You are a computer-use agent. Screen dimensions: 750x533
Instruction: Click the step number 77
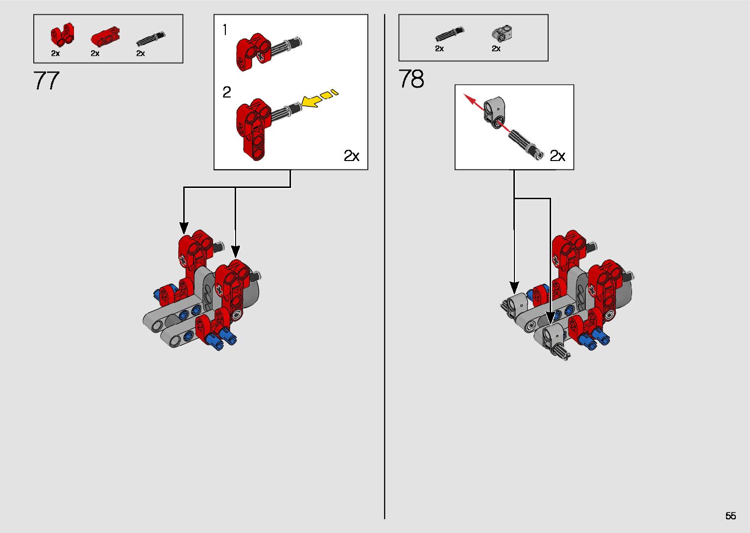47,81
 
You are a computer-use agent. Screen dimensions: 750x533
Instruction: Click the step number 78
411,79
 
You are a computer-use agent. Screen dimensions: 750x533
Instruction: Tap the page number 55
730,516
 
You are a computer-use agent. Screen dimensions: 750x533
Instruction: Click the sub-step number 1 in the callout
225,30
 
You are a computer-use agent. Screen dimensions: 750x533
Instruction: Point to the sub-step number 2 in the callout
226,92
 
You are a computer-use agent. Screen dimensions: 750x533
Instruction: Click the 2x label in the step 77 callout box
351,156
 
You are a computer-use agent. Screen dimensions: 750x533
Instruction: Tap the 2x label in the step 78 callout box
557,156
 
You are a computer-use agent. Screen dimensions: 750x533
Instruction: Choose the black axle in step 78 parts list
449,34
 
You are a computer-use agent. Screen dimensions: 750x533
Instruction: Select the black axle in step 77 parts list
150,38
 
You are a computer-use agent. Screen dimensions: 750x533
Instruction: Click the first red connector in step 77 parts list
62,34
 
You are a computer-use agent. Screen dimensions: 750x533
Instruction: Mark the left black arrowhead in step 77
184,228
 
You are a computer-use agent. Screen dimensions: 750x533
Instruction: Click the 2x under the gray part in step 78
496,48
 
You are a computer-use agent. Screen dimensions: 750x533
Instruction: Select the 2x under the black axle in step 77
141,53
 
